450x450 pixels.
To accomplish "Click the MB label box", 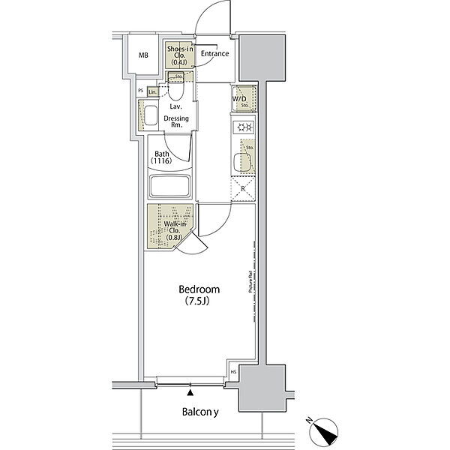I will click(143, 55).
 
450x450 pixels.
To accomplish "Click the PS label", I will click(140, 91).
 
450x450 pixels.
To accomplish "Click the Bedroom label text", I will click(199, 295).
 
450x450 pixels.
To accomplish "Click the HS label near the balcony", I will click(233, 372).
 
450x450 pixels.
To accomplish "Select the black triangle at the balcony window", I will click(190, 391).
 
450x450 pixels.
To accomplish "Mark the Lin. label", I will click(153, 91).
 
